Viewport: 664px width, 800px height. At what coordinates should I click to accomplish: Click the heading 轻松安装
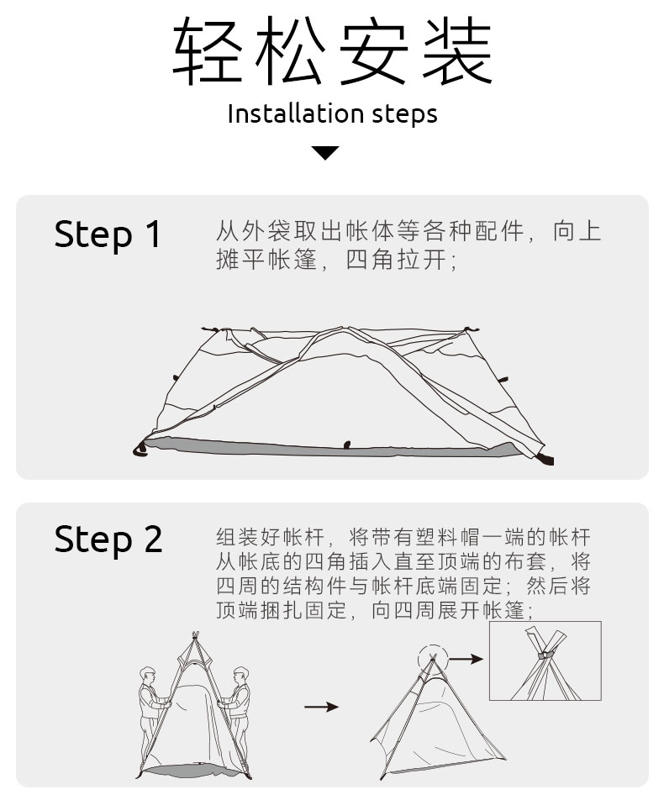click(x=332, y=52)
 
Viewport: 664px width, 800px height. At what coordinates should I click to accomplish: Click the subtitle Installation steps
click(x=332, y=113)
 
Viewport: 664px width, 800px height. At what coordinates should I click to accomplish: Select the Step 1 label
click(x=108, y=234)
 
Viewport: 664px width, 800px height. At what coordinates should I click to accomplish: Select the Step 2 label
click(x=108, y=539)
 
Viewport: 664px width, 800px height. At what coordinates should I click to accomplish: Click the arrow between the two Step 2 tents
click(x=320, y=707)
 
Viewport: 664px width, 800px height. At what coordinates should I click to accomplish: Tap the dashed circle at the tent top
click(x=433, y=658)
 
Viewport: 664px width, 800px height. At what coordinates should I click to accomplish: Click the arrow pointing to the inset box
click(x=467, y=659)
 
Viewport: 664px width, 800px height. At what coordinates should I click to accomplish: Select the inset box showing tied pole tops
click(x=545, y=661)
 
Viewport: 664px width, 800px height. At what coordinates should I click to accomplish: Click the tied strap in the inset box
click(x=545, y=654)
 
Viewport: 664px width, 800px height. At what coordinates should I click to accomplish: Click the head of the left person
click(x=148, y=675)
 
